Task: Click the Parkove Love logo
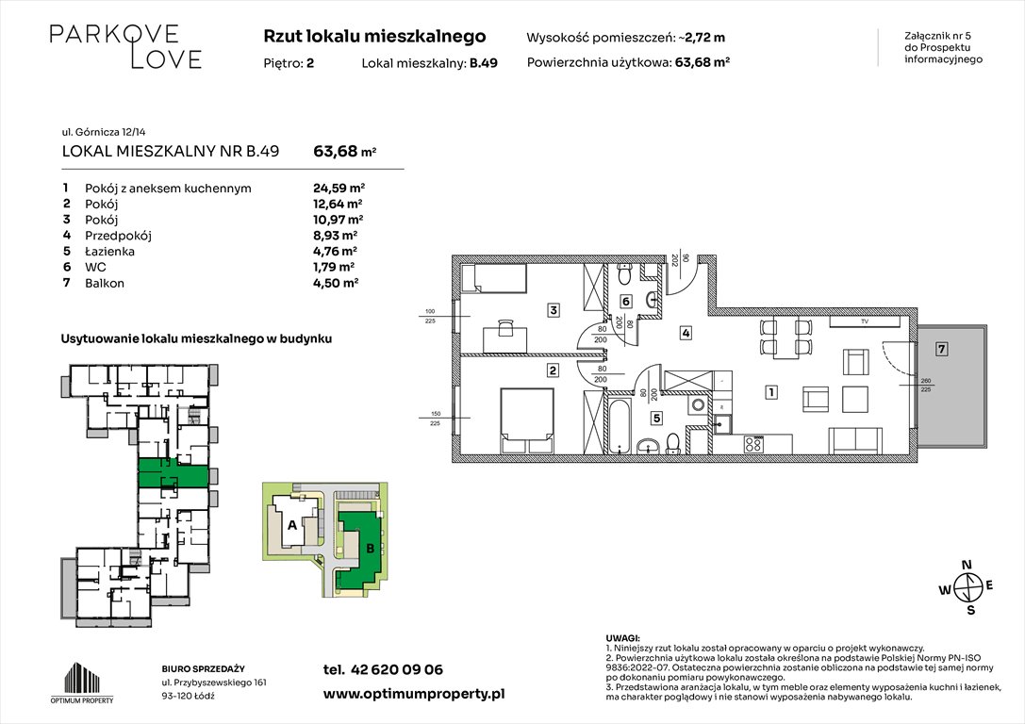tap(125, 47)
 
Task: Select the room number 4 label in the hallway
tap(686, 333)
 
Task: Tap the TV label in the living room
tap(864, 322)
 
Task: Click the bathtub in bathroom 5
tap(618, 425)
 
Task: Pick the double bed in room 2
tap(521, 417)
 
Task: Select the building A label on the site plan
tap(292, 525)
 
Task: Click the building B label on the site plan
tap(369, 547)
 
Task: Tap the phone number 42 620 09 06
tap(396, 670)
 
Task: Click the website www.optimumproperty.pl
tap(414, 693)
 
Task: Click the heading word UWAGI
tap(623, 638)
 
